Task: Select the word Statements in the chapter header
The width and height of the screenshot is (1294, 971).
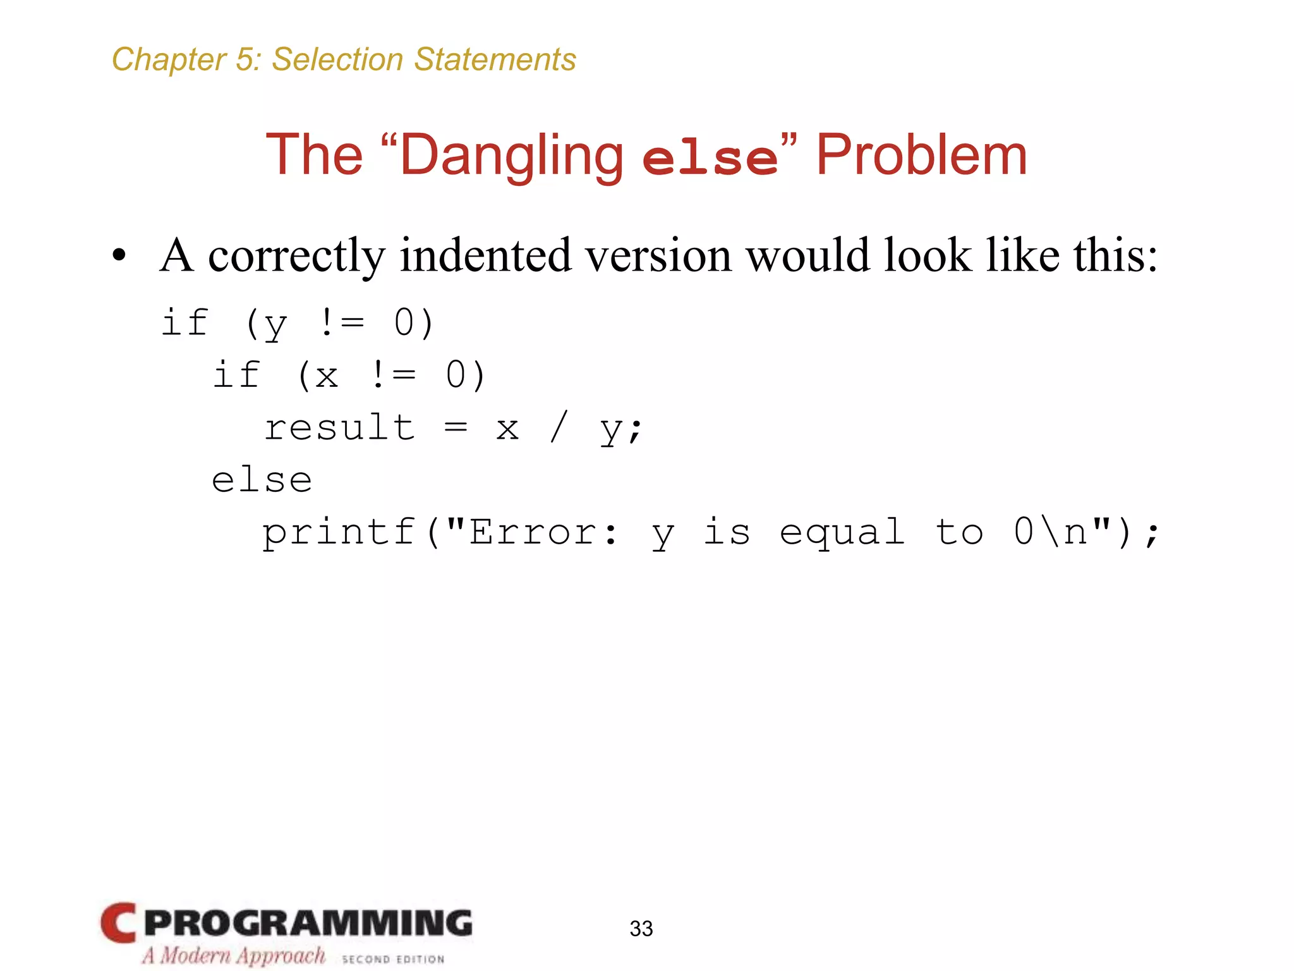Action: coord(495,60)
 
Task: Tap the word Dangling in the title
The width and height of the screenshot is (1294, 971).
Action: coord(512,156)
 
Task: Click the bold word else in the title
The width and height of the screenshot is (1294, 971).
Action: coord(710,158)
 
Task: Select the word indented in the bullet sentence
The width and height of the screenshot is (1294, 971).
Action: coord(485,255)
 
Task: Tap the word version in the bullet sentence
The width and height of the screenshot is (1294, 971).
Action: coord(658,255)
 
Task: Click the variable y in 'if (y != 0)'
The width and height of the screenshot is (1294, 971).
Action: coord(275,324)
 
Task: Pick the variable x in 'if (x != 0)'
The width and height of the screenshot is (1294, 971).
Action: coord(327,376)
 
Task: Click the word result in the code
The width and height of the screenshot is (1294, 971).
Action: coord(339,428)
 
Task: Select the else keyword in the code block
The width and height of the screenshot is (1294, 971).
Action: coord(262,480)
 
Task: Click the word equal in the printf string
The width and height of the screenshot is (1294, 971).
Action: coord(842,533)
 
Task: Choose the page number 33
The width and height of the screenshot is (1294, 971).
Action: coord(641,929)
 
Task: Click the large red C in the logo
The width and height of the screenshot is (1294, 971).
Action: coord(118,923)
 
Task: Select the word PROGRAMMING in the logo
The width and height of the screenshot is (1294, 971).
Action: coord(308,923)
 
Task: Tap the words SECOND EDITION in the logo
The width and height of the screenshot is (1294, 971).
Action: coord(393,959)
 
